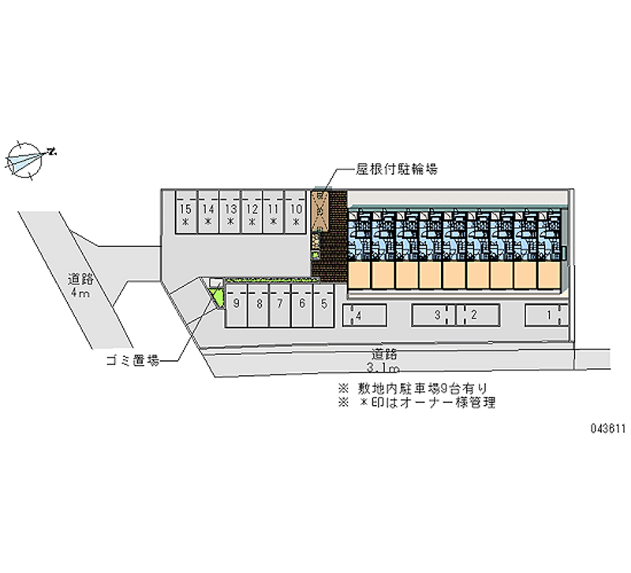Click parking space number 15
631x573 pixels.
(185, 214)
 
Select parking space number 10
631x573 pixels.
(296, 214)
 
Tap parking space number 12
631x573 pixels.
(252, 214)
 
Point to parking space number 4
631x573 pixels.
(363, 316)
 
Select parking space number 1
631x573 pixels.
(549, 316)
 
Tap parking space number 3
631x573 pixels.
(434, 316)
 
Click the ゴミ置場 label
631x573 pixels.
(133, 361)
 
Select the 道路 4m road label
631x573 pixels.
(80, 285)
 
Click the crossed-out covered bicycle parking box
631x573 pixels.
(320, 210)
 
